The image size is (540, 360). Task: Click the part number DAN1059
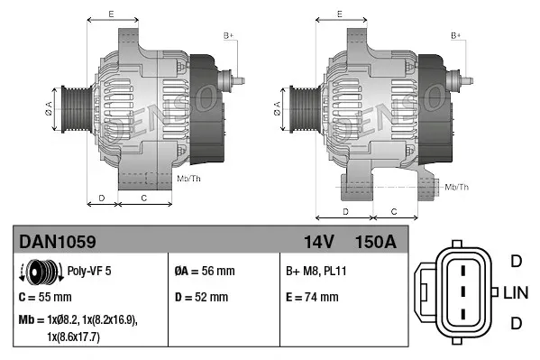(58, 242)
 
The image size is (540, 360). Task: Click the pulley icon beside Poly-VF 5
(40, 270)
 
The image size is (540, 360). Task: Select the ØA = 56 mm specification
(204, 270)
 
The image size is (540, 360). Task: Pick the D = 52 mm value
(200, 297)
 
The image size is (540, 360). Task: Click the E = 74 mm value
(312, 297)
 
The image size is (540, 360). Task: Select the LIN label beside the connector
(515, 292)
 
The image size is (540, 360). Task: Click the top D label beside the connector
(516, 262)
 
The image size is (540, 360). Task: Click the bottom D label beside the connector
(516, 323)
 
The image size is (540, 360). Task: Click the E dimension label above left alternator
(111, 14)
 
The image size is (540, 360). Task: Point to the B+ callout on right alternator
(456, 35)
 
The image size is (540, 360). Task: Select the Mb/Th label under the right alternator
(456, 187)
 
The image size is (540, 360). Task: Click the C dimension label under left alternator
(143, 197)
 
